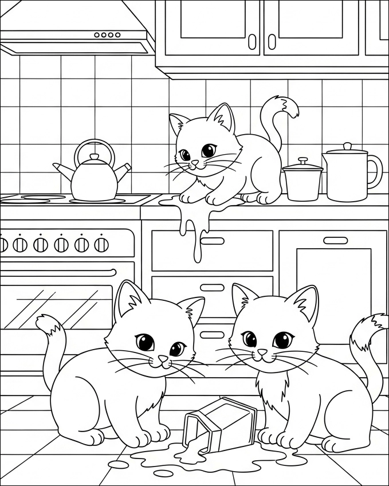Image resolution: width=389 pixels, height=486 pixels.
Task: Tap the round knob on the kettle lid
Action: coord(95,157)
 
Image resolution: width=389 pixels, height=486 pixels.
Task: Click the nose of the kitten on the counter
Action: coord(195,164)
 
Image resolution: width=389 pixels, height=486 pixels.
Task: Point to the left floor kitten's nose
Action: coord(163,359)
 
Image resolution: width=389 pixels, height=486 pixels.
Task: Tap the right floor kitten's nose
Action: coord(262,351)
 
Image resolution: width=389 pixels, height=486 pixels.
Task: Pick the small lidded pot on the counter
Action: coord(303,181)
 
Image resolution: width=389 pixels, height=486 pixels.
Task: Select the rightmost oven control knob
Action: coord(101,245)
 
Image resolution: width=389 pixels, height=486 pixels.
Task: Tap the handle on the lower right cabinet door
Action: coord(335,240)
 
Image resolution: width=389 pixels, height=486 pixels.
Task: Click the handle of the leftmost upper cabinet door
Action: coord(252,41)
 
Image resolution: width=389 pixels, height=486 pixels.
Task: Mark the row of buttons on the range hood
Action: coord(107,35)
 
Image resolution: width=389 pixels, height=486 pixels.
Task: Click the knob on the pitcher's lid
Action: coord(347,147)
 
